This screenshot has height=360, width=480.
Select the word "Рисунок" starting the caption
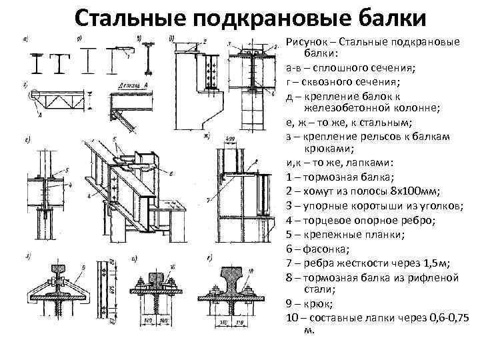[x=308, y=42]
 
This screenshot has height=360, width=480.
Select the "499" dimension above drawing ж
[x=231, y=139]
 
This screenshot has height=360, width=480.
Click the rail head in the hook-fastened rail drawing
[x=60, y=271]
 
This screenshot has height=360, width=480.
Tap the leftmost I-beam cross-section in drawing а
[x=38, y=62]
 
